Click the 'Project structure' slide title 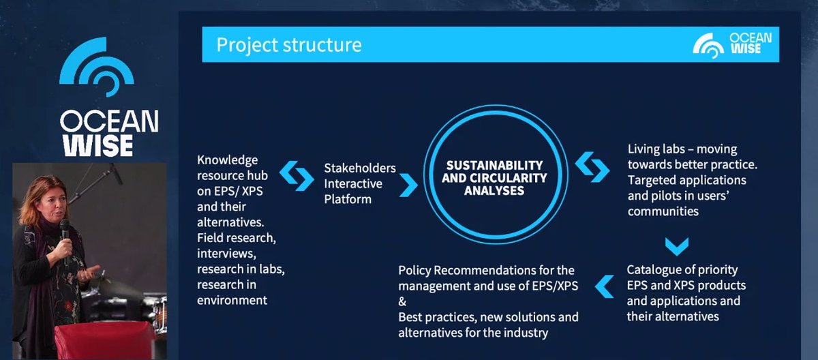288,45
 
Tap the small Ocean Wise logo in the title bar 732,44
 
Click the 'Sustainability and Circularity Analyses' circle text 494,178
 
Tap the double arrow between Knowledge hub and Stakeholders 296,176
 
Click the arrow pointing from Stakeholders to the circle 408,183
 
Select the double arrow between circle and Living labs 592,166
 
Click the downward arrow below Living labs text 676,245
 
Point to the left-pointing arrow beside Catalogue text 604,286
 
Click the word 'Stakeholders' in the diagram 359,168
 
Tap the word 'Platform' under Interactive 348,199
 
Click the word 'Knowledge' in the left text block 228,160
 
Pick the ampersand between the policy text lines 403,301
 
